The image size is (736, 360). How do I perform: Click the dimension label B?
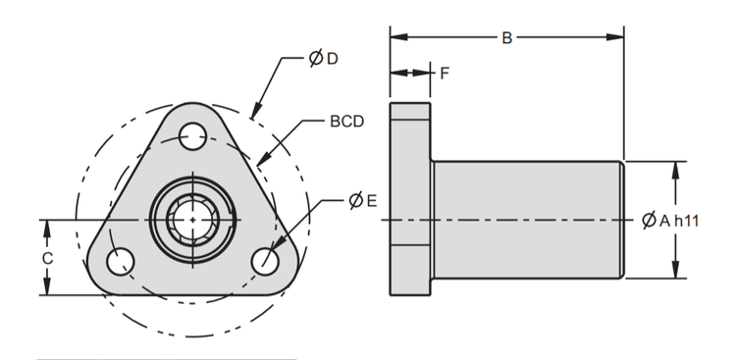(x=506, y=38)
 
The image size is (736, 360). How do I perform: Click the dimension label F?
(x=445, y=73)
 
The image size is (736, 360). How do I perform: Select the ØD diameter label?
(x=323, y=59)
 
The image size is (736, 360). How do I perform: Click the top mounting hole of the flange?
(x=192, y=134)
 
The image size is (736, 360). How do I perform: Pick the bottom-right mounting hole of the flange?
(x=264, y=262)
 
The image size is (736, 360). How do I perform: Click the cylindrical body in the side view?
(x=526, y=221)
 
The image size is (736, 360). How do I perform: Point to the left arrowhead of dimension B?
(x=396, y=38)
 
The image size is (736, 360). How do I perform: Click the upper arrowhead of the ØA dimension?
(x=675, y=168)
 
